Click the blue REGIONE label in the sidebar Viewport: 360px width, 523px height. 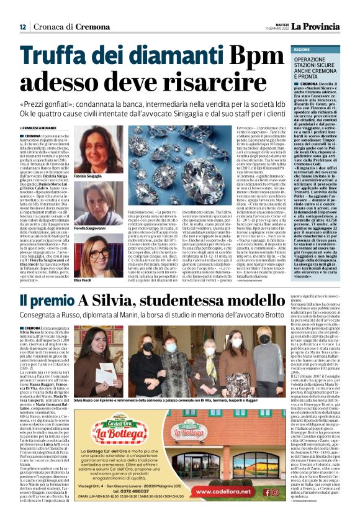click(302, 48)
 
